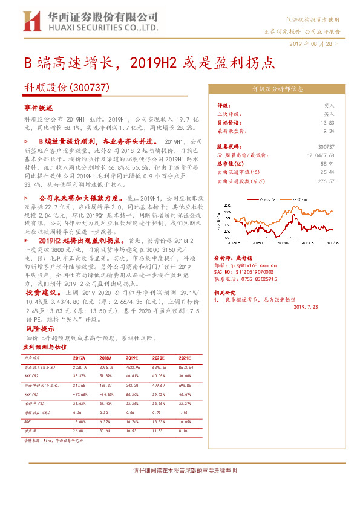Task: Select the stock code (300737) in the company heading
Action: [90, 87]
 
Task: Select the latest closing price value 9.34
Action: [329, 130]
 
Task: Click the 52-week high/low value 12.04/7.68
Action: [321, 155]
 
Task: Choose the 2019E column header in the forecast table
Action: [130, 358]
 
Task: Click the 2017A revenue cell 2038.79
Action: [80, 367]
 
